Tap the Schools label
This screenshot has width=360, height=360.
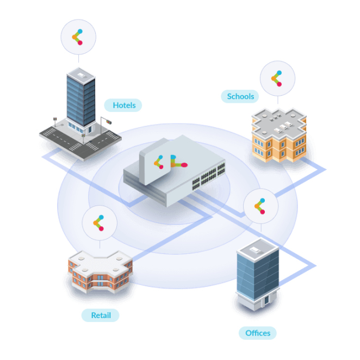coord(240,96)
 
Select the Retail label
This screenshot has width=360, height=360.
coord(100,315)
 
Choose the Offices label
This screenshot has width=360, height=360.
coord(258,333)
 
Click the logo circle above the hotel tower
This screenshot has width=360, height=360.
coord(78,37)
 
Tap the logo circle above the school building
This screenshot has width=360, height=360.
coord(277,78)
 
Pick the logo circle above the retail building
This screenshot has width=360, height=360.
coord(100,223)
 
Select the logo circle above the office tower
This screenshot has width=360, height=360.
coord(261,206)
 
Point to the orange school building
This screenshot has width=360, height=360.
coord(279,135)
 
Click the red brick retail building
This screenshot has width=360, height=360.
coord(100,271)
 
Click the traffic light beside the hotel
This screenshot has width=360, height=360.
coord(109,122)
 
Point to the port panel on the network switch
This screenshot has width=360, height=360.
coord(208,176)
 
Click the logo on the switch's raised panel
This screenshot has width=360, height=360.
coord(158,162)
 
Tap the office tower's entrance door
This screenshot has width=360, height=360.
coord(266,300)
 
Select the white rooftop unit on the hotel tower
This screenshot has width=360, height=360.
coord(81,75)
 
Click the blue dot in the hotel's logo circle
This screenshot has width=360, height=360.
coord(80,31)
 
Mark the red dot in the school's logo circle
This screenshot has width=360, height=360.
coord(279,84)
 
